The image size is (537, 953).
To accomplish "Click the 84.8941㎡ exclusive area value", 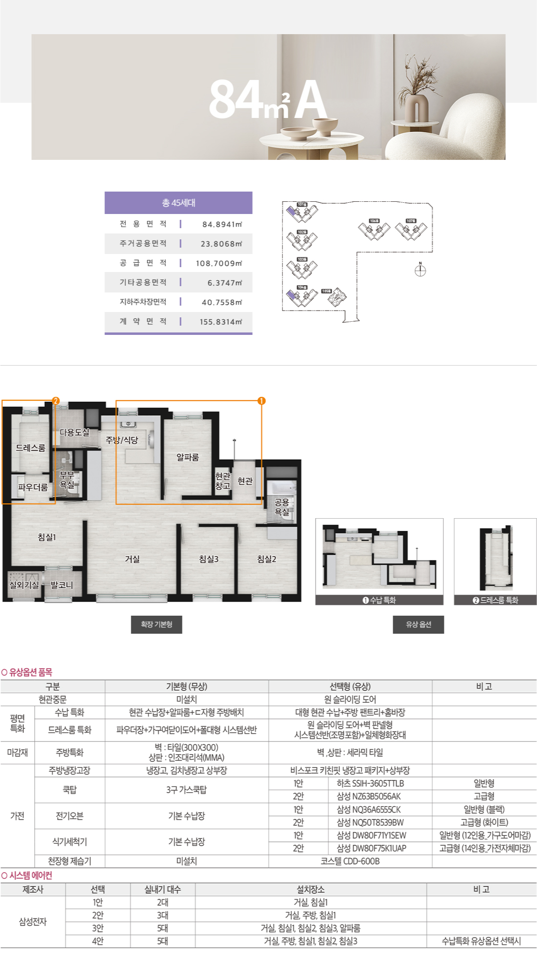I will (222, 224).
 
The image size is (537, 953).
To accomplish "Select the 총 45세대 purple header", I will (179, 203).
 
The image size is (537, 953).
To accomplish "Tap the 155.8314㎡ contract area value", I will (220, 322).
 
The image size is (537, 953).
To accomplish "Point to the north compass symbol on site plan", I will (420, 270).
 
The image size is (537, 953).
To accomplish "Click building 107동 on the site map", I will (411, 229).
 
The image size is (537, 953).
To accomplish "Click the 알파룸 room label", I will (188, 457).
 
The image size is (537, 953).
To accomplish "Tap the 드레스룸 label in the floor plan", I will (30, 448).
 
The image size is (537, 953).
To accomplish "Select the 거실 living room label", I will (132, 559).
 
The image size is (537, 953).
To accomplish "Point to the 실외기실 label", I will (24, 585).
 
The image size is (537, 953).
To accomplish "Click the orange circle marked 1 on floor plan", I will (261, 401).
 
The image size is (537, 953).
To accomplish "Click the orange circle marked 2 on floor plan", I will (56, 401).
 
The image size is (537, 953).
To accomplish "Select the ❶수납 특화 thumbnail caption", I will (379, 600).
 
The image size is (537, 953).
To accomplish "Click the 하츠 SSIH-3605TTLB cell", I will (370, 783).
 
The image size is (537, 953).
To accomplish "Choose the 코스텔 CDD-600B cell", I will (350, 861).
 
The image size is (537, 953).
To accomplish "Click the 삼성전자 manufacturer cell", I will (33, 921).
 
